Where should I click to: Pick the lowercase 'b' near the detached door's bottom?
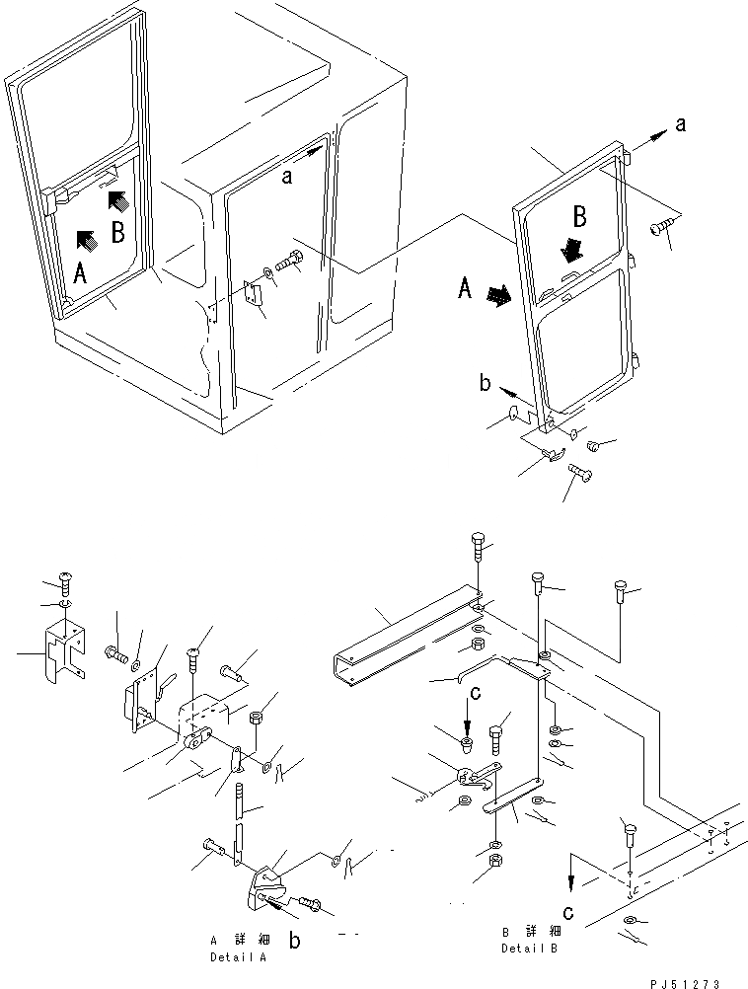485,383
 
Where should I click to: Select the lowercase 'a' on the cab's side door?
287,177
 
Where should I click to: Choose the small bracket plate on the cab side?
252,293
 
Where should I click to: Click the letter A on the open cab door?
82,272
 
